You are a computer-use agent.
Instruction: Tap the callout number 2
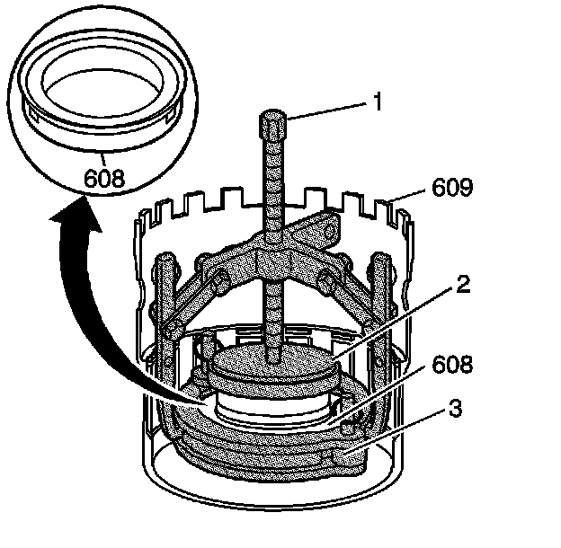(x=462, y=285)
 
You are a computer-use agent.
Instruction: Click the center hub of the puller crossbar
(x=271, y=261)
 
